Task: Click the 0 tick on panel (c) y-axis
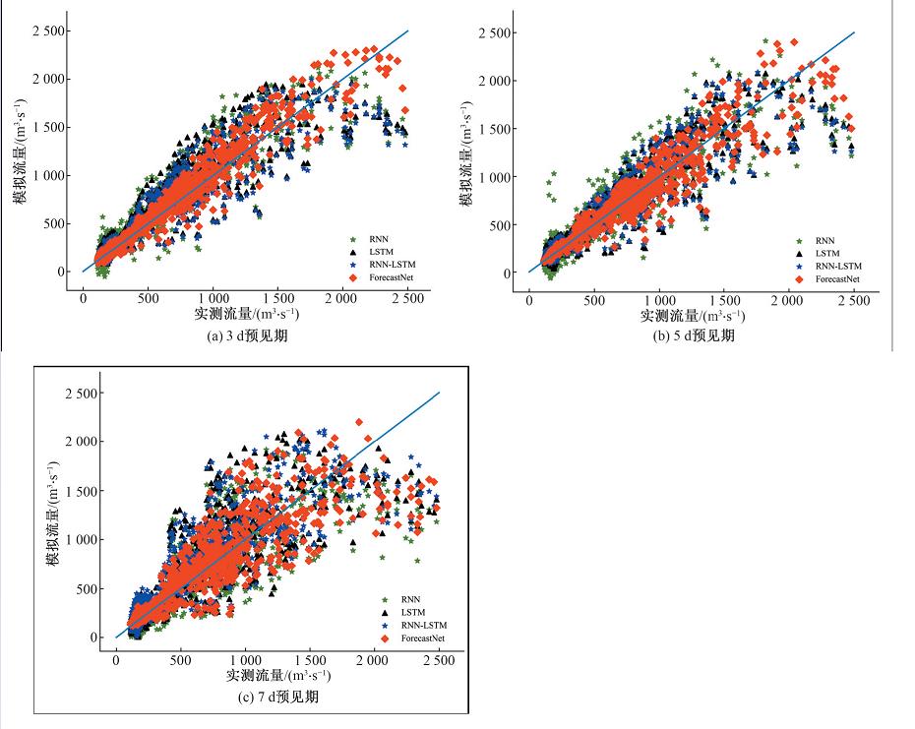[x=96, y=638]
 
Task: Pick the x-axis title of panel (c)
[x=277, y=677]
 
